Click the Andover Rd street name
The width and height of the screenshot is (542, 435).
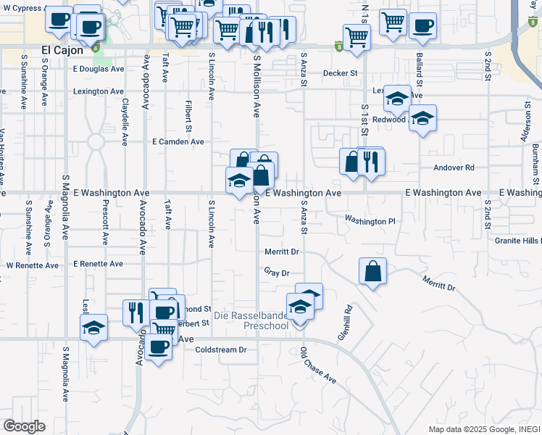point(454,167)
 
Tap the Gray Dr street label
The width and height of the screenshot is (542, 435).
point(277,273)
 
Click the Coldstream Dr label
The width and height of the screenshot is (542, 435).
point(221,349)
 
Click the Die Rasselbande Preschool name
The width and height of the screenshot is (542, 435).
point(252,321)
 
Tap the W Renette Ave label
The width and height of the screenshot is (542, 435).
point(33,265)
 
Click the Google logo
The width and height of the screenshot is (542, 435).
point(24,426)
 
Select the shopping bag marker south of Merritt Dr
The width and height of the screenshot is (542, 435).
point(372,272)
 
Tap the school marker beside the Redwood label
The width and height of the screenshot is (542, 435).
point(422,118)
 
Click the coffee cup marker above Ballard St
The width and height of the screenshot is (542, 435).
point(423,25)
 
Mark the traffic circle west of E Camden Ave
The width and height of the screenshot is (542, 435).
point(96,142)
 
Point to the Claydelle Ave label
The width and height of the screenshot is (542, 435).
point(125,123)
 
